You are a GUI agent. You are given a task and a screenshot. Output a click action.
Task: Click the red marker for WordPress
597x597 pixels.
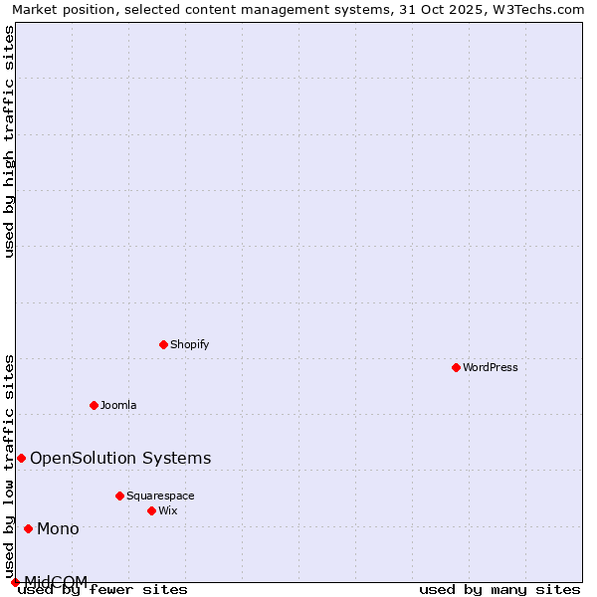coord(456,367)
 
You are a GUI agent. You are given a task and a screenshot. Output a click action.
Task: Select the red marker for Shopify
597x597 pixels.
coord(163,344)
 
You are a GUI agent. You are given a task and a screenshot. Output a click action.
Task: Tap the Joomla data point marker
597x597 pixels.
coord(94,405)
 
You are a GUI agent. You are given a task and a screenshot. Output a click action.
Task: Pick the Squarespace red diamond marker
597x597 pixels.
coord(119,496)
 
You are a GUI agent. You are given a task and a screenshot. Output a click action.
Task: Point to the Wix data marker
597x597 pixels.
coord(151,510)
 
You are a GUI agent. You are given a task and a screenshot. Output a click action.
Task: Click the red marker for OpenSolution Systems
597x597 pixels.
coord(21,458)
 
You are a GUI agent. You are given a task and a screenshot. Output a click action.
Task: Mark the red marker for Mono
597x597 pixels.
coord(28,528)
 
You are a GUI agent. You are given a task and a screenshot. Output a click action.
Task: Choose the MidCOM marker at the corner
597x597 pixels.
coord(15,582)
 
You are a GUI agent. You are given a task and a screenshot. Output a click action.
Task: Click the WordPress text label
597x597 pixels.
coord(491,367)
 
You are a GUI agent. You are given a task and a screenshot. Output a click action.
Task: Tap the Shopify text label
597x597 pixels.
coord(189,344)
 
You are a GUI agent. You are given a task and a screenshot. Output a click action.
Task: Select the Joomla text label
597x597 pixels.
coord(118,405)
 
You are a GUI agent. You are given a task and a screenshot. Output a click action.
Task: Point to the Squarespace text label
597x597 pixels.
coord(160,496)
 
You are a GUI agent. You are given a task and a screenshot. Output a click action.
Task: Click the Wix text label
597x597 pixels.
coord(168,510)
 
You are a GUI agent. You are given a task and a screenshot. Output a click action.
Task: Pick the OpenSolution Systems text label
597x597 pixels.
coord(120,458)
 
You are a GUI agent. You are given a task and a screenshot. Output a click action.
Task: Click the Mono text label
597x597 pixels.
coord(58,528)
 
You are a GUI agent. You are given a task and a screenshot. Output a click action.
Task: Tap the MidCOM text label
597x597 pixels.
coord(56,581)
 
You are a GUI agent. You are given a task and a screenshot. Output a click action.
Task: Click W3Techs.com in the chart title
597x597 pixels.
coord(535,9)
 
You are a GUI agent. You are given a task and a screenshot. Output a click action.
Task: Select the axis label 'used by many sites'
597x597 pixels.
coord(499,589)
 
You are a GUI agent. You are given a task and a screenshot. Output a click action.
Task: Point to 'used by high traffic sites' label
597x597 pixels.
coord(9,141)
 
